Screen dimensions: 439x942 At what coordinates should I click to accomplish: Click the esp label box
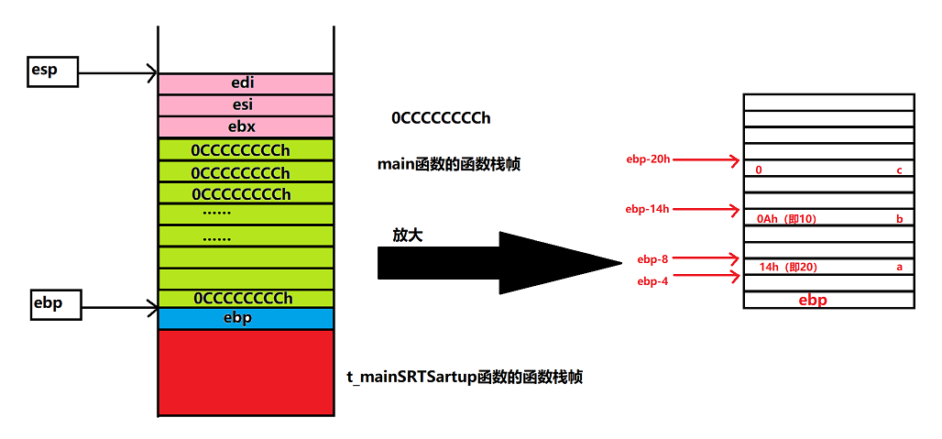point(53,71)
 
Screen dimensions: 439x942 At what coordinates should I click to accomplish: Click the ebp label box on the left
point(53,304)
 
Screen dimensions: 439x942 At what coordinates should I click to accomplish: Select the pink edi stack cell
point(245,83)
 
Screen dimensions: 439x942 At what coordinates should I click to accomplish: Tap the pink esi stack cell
point(245,105)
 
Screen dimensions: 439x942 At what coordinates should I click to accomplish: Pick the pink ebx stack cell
point(245,126)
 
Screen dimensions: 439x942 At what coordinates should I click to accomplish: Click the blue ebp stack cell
point(245,319)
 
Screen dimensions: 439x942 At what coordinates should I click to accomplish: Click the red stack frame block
point(245,372)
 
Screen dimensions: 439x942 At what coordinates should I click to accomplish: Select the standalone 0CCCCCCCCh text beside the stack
point(441,118)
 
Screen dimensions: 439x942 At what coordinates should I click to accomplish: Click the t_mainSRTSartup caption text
point(465,377)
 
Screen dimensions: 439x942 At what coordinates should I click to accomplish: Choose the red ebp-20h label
point(647,159)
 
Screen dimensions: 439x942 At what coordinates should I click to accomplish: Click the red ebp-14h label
point(647,209)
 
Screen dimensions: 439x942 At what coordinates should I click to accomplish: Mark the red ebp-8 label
point(652,259)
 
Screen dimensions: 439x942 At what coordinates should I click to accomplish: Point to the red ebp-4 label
point(652,281)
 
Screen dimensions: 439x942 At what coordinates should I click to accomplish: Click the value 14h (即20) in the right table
point(788,268)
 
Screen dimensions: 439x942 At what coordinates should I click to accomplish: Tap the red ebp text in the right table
point(814,300)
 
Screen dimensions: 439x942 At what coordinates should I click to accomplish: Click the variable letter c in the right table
point(900,170)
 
